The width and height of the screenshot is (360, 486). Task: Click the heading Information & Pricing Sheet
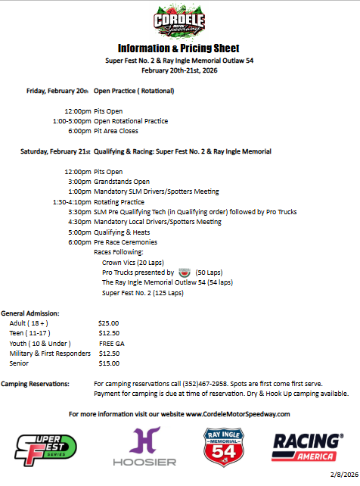[x=179, y=47]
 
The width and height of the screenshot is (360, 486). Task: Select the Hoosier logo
[x=144, y=447]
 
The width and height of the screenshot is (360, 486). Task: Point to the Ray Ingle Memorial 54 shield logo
[x=223, y=447]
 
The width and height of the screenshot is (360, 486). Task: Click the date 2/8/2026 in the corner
[x=341, y=475]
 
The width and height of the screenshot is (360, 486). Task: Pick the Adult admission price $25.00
[x=108, y=323]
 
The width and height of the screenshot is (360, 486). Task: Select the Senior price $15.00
[x=108, y=363]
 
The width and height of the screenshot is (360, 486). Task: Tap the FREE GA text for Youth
[x=111, y=343]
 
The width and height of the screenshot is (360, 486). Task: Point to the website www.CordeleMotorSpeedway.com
[x=237, y=414]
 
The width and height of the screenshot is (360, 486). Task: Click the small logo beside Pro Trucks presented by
[x=185, y=272]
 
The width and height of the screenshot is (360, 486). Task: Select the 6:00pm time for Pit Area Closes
[x=78, y=131]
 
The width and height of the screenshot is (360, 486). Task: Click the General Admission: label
[x=30, y=313]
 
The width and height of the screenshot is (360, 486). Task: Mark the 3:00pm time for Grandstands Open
[x=78, y=182]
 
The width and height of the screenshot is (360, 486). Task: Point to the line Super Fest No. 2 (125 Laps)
[x=142, y=293]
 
